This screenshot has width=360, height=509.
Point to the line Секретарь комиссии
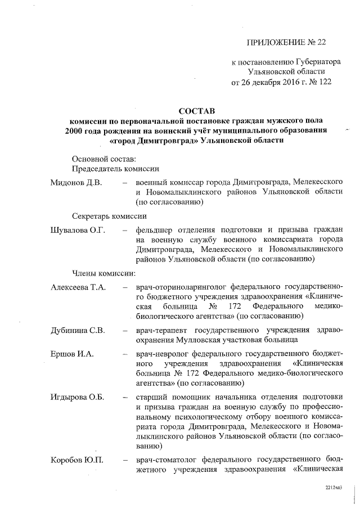click(110, 216)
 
